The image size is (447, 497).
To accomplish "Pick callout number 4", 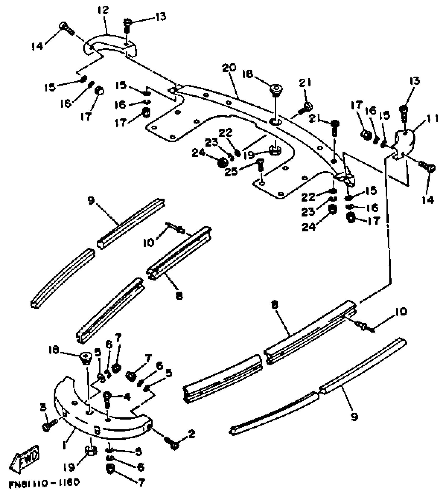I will pos(127,397).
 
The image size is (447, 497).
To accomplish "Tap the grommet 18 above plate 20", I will pos(275,88).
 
